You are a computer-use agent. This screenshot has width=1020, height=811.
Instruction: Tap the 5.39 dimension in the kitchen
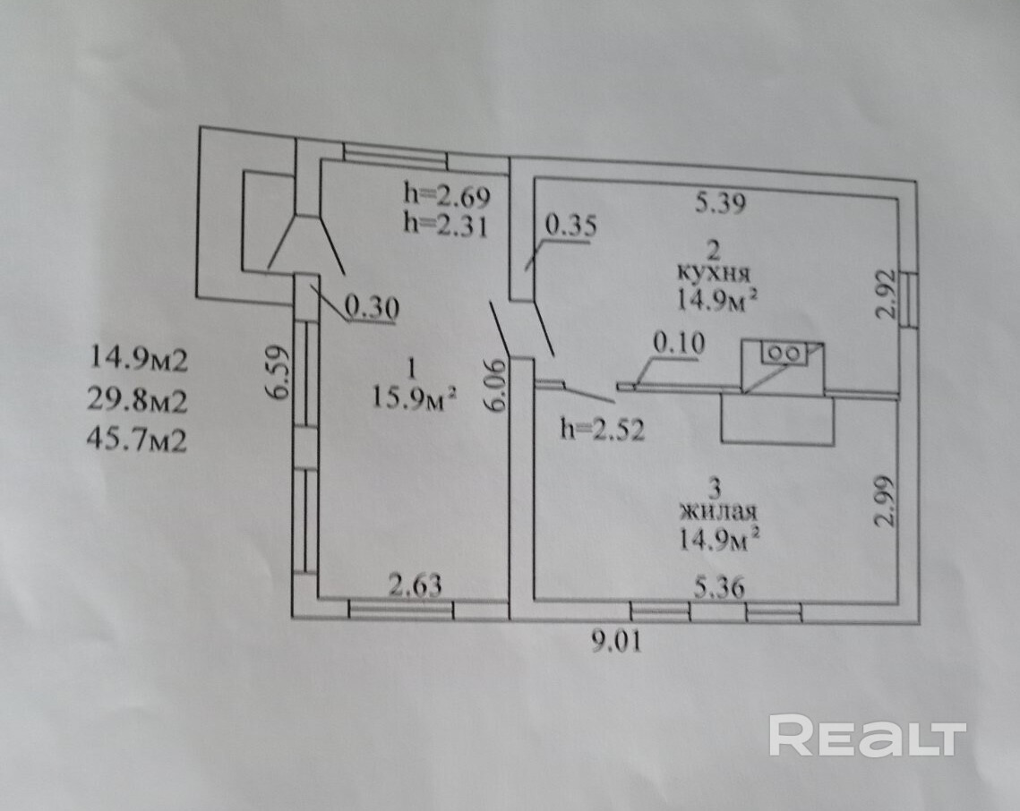point(720,203)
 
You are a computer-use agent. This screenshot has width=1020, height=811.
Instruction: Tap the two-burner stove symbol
point(784,353)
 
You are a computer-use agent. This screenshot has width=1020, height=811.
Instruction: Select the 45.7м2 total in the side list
point(136,440)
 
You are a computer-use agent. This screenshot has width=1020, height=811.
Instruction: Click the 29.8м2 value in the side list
point(136,402)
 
